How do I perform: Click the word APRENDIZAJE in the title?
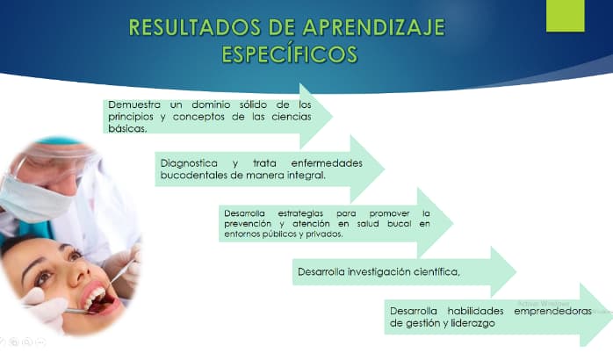[373, 27]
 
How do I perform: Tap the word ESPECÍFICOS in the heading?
[290, 54]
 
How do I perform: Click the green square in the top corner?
[566, 16]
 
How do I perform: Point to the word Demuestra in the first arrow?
[134, 104]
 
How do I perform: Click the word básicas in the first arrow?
[127, 128]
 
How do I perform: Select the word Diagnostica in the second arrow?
[189, 163]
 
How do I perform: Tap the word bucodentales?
[193, 175]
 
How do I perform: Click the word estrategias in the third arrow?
[300, 214]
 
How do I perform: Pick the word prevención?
[248, 224]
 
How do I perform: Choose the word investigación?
[379, 271]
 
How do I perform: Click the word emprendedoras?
[552, 311]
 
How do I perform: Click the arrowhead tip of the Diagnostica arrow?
[385, 169]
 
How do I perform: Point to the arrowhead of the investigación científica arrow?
[503, 271]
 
